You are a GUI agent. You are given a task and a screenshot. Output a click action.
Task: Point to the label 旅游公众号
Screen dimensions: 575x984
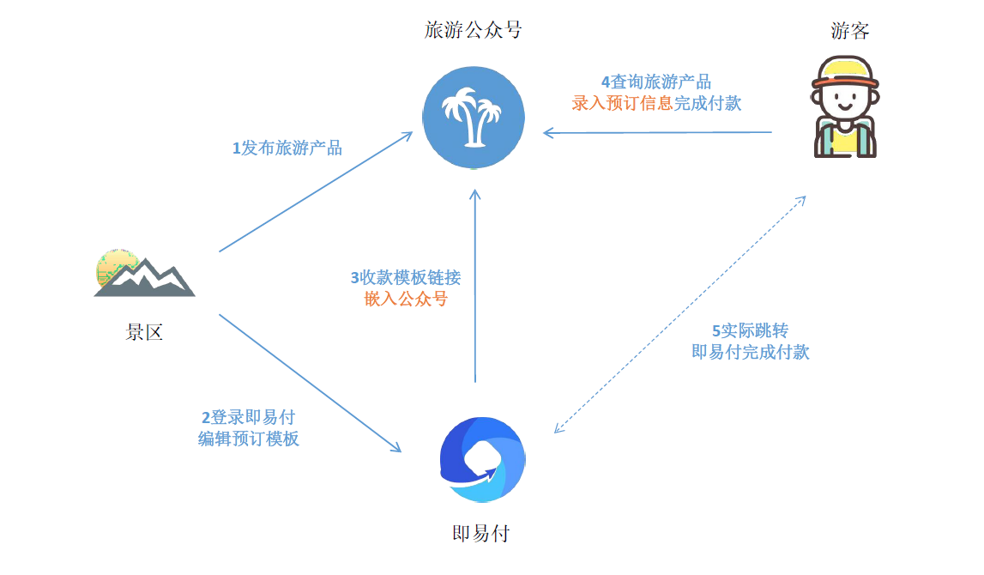click(473, 31)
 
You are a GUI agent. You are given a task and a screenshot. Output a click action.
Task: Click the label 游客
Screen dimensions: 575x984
click(850, 32)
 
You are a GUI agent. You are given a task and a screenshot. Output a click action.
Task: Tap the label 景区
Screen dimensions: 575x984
click(144, 333)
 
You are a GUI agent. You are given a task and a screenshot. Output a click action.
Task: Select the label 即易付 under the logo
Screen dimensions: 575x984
click(480, 534)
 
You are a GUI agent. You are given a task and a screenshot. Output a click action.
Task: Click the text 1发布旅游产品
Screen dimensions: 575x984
click(287, 148)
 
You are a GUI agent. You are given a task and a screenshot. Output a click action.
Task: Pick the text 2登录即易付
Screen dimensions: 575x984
click(249, 418)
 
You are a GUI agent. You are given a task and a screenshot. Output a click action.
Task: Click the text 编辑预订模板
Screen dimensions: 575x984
click(249, 439)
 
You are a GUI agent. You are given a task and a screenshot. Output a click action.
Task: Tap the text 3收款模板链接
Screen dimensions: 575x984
click(406, 278)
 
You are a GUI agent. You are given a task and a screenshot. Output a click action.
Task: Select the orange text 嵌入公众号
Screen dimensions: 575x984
click(406, 299)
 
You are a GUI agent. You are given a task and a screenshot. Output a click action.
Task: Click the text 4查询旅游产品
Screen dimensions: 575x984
click(656, 82)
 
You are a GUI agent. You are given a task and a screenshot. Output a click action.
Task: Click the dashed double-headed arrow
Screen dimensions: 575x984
click(680, 314)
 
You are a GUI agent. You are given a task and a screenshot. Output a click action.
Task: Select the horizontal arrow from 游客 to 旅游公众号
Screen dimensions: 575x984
click(658, 133)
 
